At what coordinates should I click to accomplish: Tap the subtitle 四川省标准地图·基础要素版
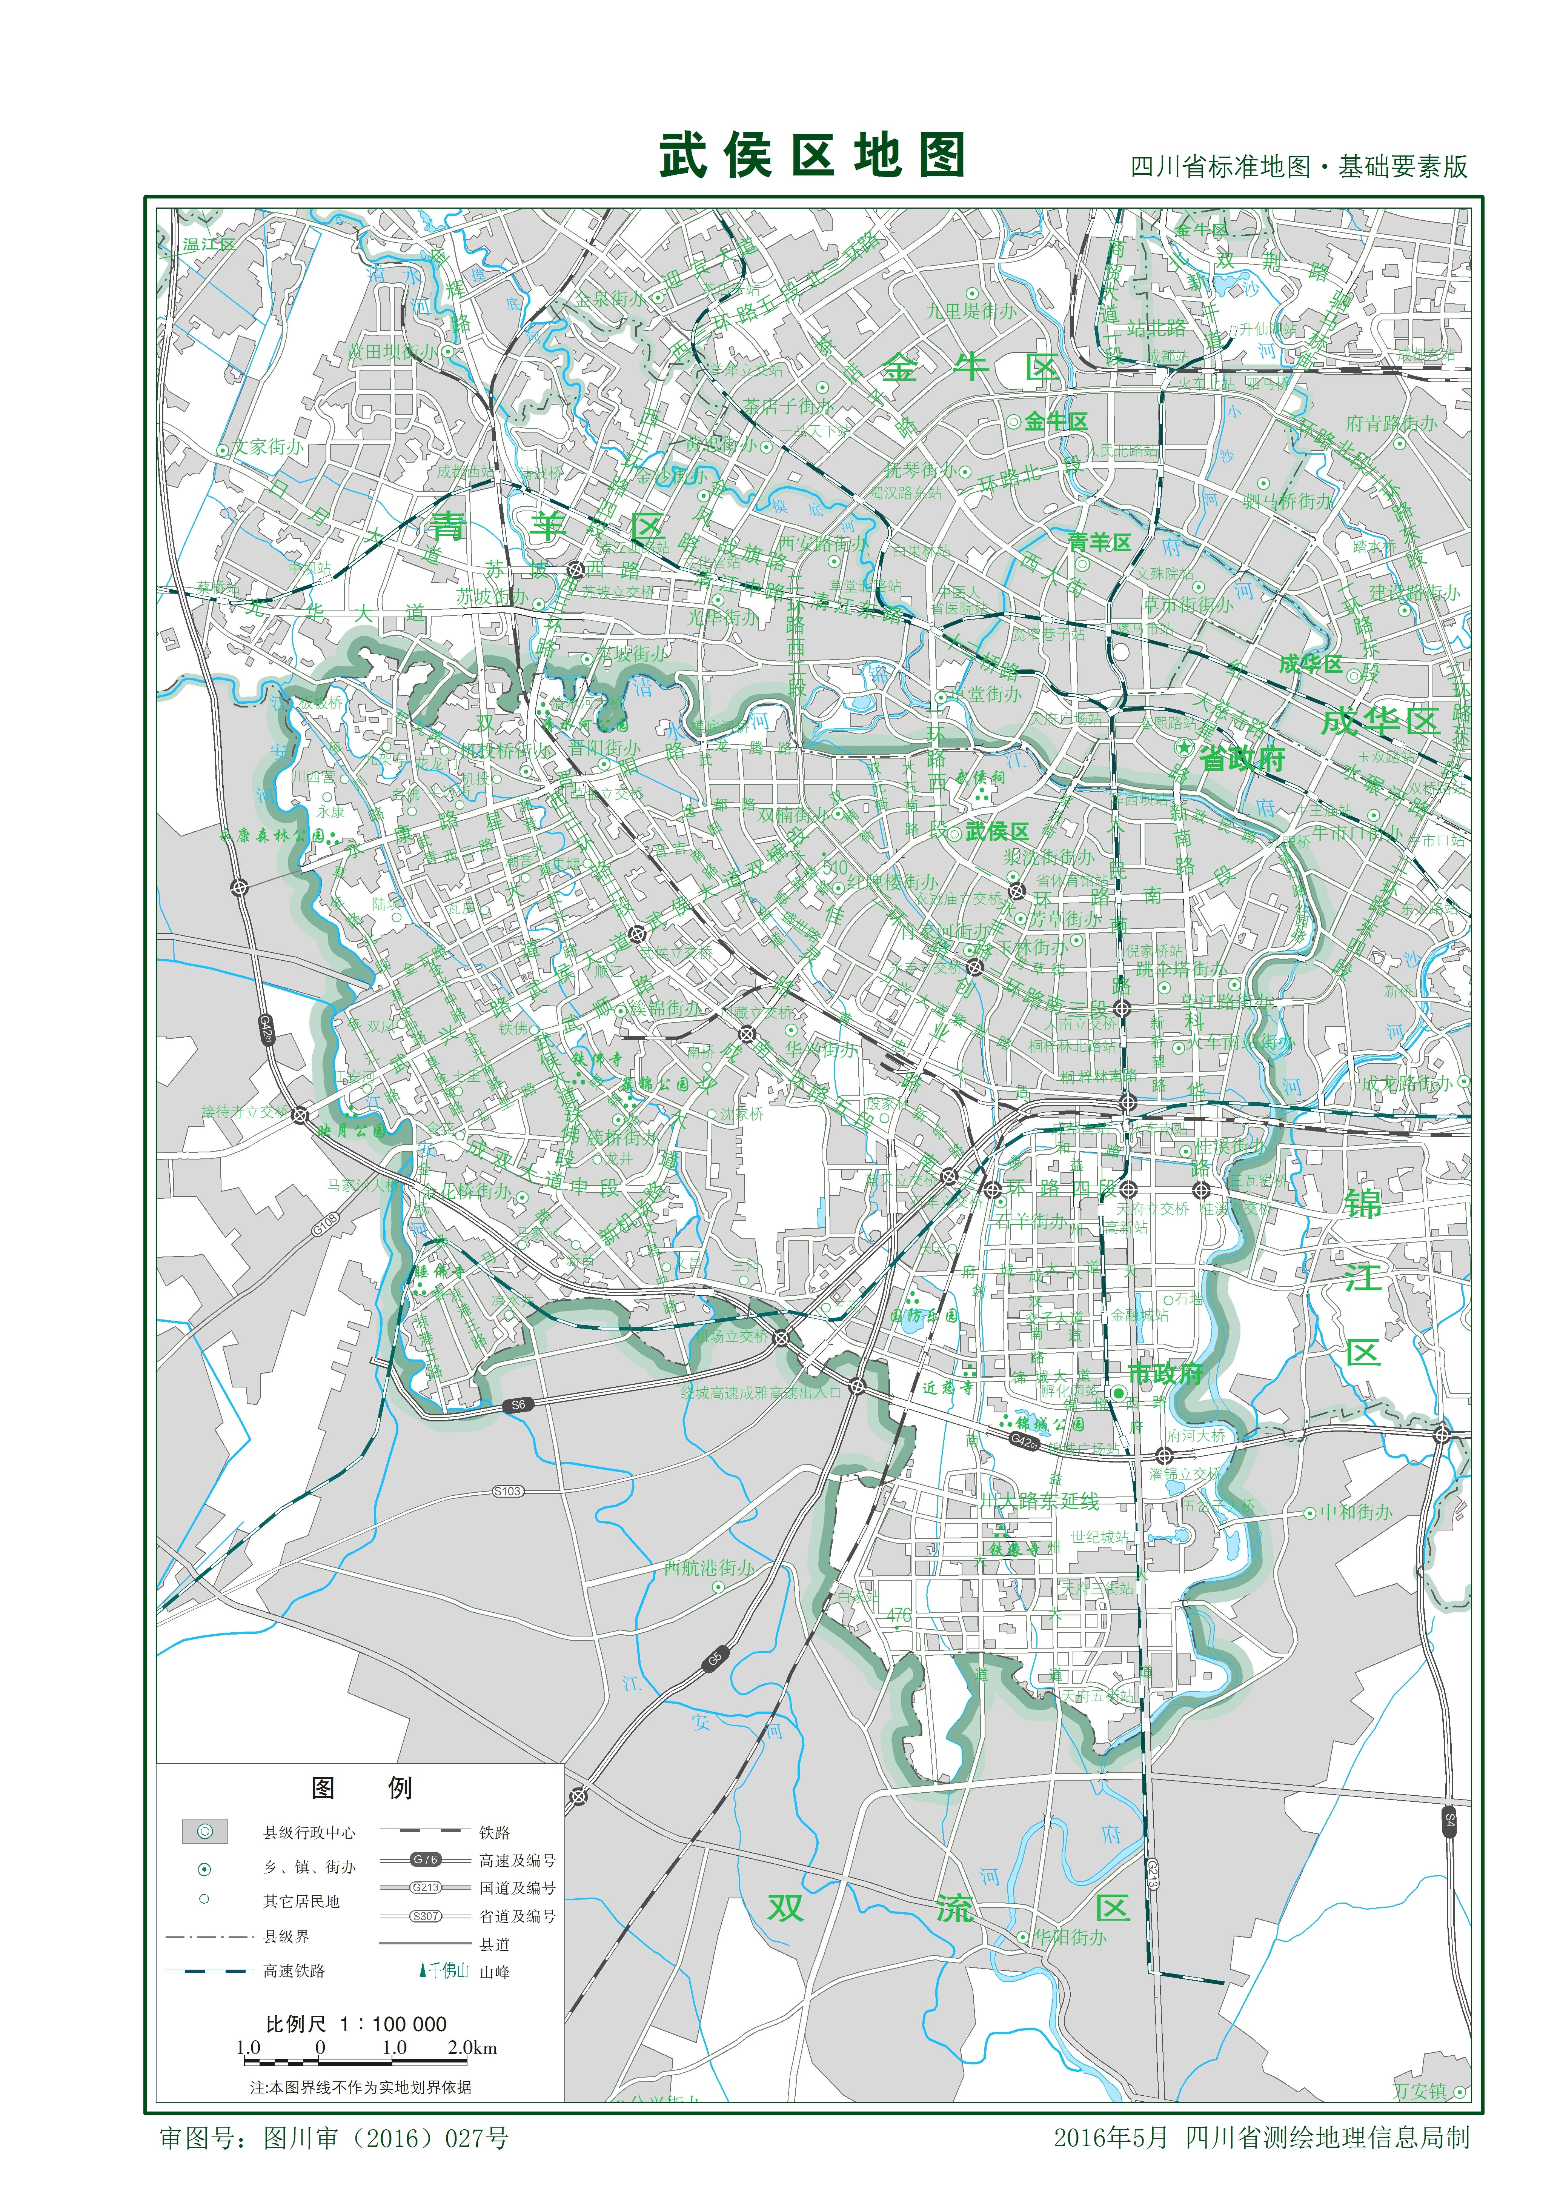pos(1299,167)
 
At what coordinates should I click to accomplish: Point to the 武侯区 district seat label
pos(997,832)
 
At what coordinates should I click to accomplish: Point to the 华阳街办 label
pos(1069,1937)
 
